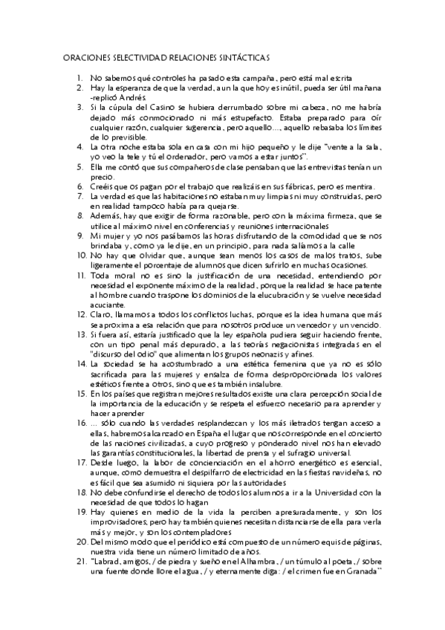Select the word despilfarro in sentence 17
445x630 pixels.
coord(243,473)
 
